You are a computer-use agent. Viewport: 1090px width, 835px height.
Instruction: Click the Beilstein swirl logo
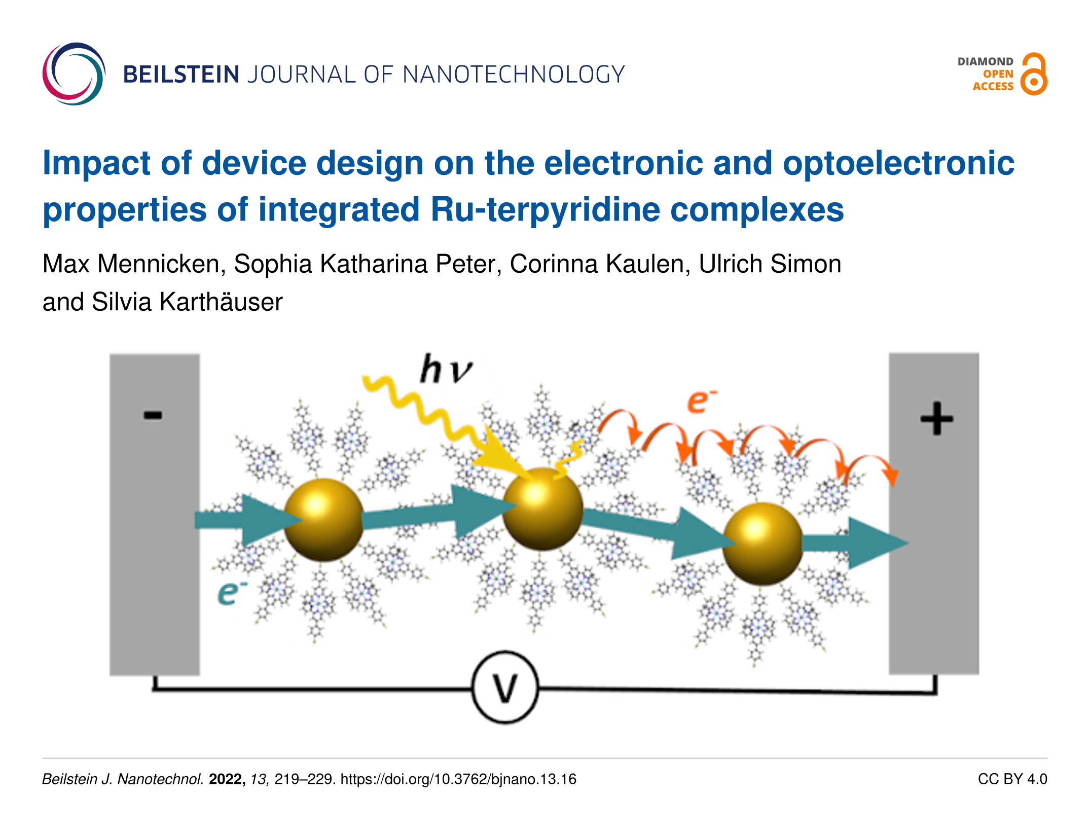click(74, 74)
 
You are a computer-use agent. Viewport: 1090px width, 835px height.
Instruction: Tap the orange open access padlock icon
click(1034, 75)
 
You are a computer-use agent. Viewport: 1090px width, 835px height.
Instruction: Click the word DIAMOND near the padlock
click(985, 61)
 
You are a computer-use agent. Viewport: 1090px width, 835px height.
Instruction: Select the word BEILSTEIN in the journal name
click(181, 75)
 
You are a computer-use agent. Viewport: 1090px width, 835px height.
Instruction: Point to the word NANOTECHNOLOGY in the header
click(514, 75)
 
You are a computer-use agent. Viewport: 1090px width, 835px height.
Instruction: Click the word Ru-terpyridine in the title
click(545, 209)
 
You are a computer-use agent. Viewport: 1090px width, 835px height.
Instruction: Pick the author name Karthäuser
click(221, 302)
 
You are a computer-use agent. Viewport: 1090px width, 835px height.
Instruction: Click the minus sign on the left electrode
click(153, 415)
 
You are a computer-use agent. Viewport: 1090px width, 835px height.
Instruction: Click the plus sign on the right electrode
click(936, 419)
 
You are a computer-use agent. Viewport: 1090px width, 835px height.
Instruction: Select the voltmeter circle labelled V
click(505, 688)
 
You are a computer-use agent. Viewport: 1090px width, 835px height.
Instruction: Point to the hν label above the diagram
click(446, 369)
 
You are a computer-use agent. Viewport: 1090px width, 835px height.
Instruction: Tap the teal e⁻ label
click(232, 592)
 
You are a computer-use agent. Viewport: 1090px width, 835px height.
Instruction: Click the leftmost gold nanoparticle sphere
click(323, 520)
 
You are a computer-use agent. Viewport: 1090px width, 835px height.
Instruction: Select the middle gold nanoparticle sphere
click(542, 509)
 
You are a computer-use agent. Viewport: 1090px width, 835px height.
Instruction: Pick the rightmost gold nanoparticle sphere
click(762, 543)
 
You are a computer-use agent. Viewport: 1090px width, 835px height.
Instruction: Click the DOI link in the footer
click(458, 779)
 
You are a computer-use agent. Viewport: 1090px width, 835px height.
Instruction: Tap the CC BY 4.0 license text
click(1012, 779)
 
